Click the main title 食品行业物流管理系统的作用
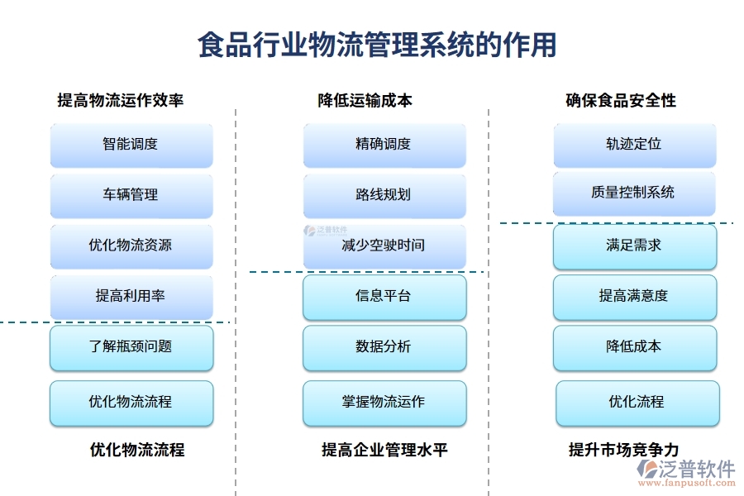point(377,44)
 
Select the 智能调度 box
point(131,145)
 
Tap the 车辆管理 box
point(131,195)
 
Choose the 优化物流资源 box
point(131,246)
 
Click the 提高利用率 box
point(131,296)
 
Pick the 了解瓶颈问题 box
point(131,347)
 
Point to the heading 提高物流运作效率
point(121,100)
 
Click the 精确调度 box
point(384,145)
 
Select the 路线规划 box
point(384,195)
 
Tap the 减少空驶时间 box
point(384,246)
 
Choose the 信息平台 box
point(384,297)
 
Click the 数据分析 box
point(384,347)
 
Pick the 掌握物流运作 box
point(384,403)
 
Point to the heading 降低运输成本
point(365,100)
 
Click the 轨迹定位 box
point(634,145)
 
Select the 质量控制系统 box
point(634,193)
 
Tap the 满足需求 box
point(634,246)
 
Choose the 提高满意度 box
point(634,297)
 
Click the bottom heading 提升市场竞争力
point(624,450)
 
